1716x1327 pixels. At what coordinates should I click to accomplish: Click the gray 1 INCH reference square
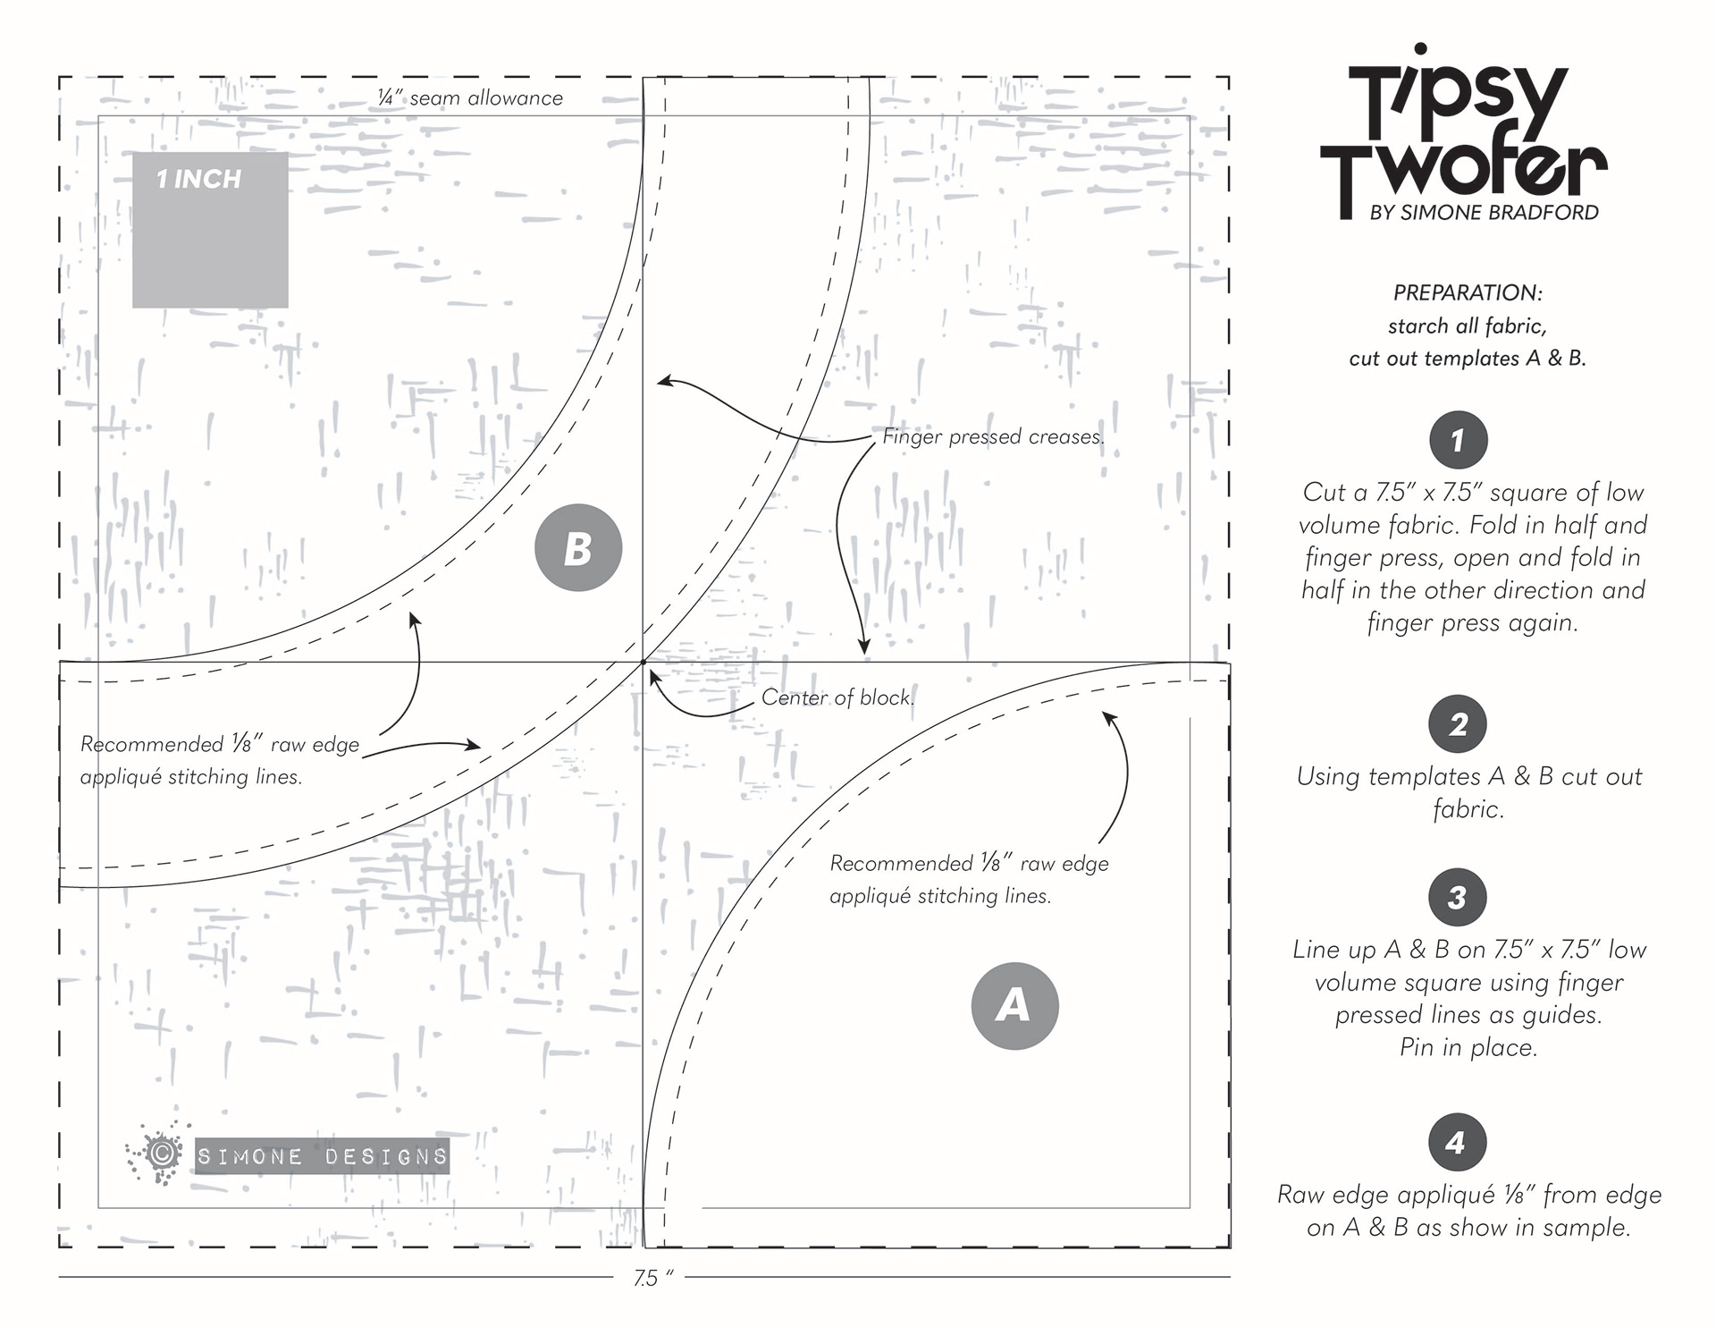tap(210, 230)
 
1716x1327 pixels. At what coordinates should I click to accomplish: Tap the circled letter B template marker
tap(577, 548)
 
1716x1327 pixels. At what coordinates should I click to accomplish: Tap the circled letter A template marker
tap(1014, 1005)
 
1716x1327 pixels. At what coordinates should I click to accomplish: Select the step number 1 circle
tap(1458, 440)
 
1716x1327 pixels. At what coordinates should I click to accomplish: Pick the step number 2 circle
tap(1458, 723)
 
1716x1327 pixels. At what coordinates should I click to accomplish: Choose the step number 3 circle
tap(1458, 897)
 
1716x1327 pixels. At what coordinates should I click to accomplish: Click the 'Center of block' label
tap(837, 697)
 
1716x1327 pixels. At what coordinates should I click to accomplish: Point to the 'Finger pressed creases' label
tap(993, 436)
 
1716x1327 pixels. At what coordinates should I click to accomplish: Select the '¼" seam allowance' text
tap(470, 98)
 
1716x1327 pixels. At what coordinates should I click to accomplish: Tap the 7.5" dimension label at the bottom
tap(652, 1279)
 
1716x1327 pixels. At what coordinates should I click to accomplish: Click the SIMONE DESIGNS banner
tap(322, 1156)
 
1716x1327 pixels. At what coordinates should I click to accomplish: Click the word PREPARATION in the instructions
tap(1468, 292)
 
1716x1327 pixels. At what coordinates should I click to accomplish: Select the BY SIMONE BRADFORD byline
tap(1484, 213)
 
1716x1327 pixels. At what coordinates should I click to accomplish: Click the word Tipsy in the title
tap(1457, 98)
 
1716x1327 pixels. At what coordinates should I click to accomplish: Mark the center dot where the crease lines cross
tap(643, 663)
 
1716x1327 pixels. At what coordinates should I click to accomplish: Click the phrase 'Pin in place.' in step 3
tap(1468, 1047)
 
